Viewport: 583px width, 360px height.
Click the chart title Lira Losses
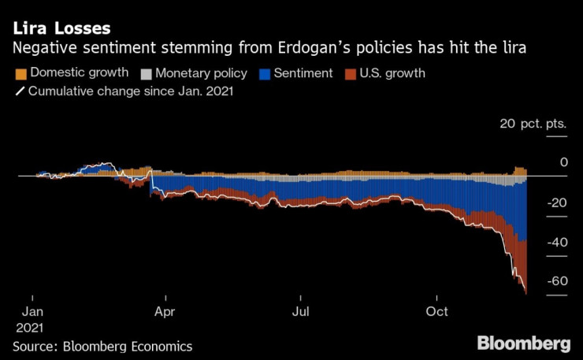point(60,28)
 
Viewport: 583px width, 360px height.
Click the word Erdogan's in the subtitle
point(308,48)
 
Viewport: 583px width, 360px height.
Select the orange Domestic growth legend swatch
point(19,74)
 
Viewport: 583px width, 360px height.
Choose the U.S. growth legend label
point(392,74)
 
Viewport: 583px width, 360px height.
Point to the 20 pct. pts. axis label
point(533,124)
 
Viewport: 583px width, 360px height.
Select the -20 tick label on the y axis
point(557,202)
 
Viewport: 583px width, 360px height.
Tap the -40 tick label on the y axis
point(557,242)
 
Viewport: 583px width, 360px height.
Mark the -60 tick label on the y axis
point(557,281)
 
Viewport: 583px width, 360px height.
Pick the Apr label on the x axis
point(165,311)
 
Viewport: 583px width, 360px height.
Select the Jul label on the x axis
point(300,311)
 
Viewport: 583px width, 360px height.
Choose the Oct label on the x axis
point(436,311)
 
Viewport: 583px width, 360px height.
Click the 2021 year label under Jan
point(28,327)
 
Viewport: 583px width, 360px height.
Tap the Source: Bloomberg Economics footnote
point(102,347)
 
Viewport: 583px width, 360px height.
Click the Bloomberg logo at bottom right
point(523,343)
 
